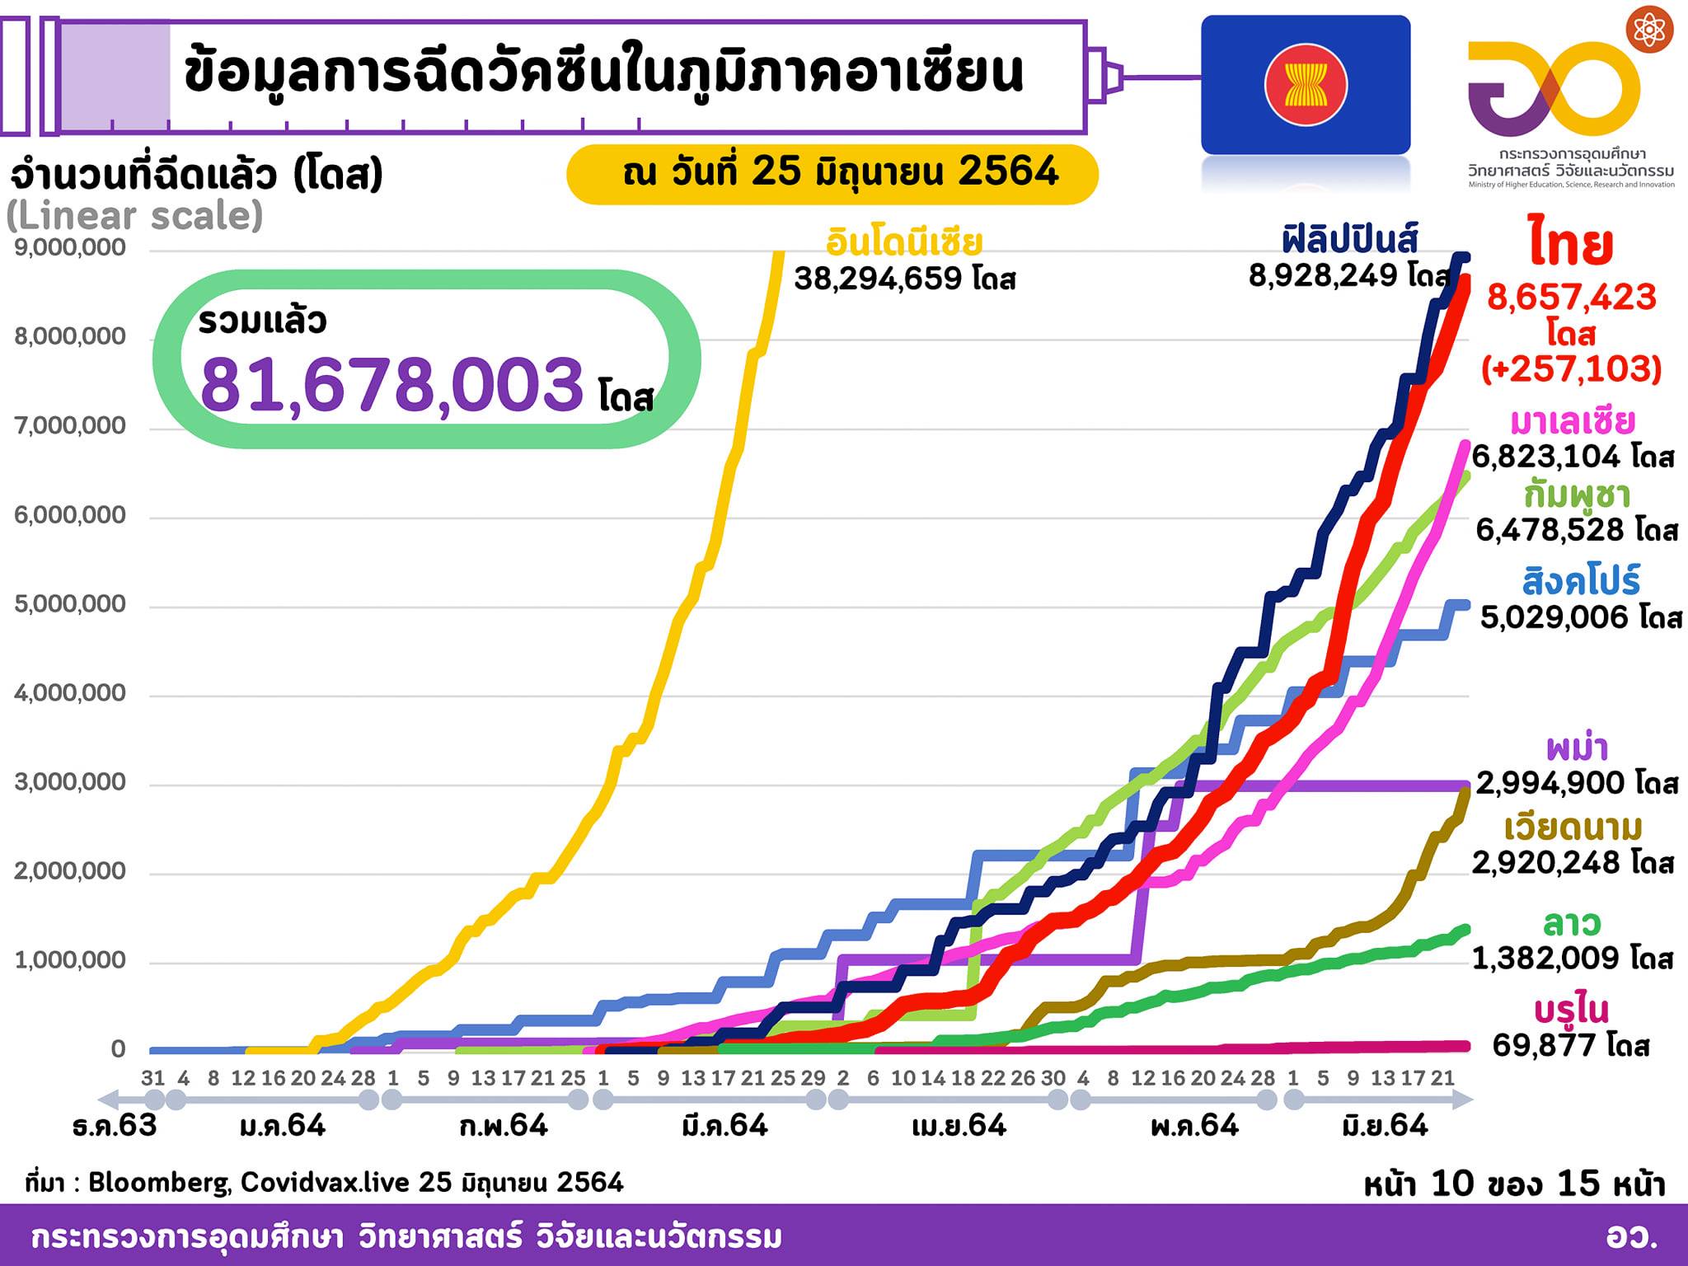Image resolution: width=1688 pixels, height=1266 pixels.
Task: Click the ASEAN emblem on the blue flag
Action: (1306, 85)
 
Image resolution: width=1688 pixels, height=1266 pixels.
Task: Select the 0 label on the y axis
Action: (118, 1049)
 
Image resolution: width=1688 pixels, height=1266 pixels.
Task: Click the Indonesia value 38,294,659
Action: (878, 279)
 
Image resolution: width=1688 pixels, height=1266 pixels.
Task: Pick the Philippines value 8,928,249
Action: (1322, 275)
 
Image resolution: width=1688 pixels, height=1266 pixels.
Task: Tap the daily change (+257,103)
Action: (1571, 368)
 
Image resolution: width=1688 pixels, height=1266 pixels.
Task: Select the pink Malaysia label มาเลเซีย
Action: (1572, 422)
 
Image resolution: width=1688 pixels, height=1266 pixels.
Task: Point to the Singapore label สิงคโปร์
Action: (1569, 582)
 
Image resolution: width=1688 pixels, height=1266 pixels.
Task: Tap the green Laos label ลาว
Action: (1571, 923)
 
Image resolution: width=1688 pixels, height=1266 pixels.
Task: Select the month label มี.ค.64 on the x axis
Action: (725, 1126)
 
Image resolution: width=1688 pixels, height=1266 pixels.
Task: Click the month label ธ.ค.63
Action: (115, 1126)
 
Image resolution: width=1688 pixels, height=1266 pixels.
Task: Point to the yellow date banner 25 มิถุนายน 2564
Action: (832, 173)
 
